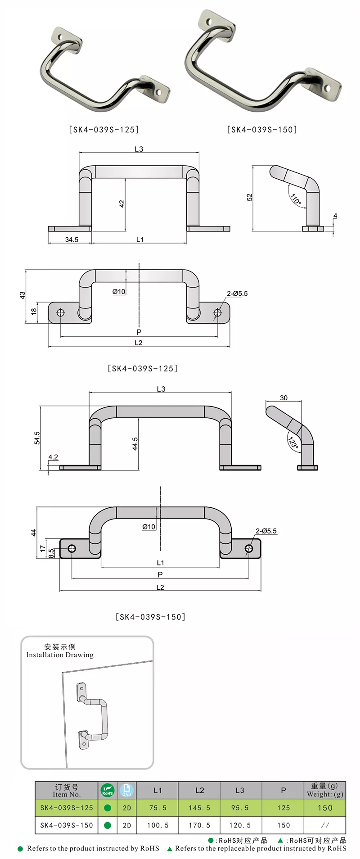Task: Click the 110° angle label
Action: click(296, 199)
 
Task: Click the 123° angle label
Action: click(293, 443)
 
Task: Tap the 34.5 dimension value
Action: click(72, 240)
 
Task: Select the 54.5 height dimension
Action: click(37, 438)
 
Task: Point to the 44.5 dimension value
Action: click(135, 443)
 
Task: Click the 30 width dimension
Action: click(283, 398)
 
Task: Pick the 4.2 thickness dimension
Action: click(53, 457)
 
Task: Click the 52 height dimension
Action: click(250, 197)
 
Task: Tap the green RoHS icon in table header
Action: click(108, 790)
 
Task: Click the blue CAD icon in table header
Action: click(126, 790)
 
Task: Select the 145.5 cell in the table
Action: click(199, 808)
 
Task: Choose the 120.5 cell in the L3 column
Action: click(240, 825)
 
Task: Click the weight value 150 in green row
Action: click(325, 808)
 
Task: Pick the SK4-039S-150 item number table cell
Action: click(67, 825)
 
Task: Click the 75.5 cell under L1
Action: click(157, 808)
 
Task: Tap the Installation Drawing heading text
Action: click(60, 655)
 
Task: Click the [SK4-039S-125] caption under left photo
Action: click(104, 130)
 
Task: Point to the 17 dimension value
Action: click(43, 548)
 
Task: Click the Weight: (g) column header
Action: click(325, 794)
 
